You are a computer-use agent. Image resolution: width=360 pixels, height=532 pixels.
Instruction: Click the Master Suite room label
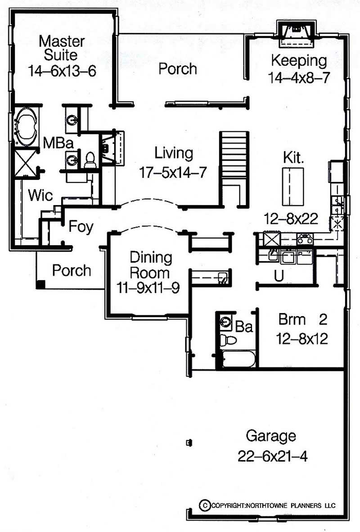click(x=62, y=48)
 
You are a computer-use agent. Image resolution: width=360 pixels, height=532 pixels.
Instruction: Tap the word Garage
click(x=271, y=436)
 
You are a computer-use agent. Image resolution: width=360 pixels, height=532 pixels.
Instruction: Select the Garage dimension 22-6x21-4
click(x=273, y=456)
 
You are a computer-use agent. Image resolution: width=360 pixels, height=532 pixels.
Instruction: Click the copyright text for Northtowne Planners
click(x=268, y=505)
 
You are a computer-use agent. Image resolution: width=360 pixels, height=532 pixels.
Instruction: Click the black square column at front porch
click(x=41, y=284)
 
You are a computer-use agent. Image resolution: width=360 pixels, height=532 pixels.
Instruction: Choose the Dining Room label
click(x=151, y=265)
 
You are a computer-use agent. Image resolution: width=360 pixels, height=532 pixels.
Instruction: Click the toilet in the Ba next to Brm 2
click(x=229, y=340)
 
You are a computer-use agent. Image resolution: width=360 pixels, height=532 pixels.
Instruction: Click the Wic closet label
click(x=40, y=196)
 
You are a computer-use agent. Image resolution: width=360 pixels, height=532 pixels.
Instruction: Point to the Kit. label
click(x=293, y=158)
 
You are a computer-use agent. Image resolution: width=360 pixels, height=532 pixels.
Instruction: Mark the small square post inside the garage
click(x=189, y=443)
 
